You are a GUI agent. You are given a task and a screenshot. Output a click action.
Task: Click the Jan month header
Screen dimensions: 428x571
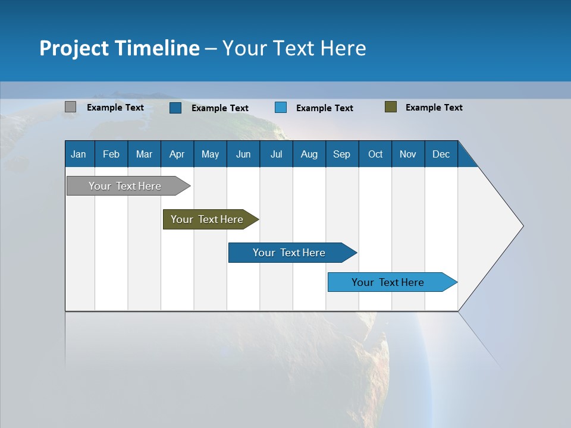[79, 155]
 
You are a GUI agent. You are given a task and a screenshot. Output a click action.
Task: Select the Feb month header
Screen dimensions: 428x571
[111, 155]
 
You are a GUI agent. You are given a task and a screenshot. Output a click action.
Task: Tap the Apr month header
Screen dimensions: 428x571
[177, 155]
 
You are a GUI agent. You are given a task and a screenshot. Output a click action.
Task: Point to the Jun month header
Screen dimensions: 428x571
[243, 155]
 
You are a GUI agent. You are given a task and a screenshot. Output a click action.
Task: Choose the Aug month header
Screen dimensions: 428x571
[309, 155]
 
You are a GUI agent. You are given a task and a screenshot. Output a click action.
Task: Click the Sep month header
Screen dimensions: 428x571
[341, 155]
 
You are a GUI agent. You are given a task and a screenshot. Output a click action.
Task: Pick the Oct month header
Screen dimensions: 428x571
[375, 155]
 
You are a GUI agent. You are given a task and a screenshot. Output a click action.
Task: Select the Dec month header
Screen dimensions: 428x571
[441, 155]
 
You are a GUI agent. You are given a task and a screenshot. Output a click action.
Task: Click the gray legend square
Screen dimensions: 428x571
[71, 107]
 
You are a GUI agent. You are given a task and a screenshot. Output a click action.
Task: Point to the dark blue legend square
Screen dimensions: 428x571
[175, 108]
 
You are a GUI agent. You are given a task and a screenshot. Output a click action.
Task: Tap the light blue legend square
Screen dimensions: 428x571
[281, 108]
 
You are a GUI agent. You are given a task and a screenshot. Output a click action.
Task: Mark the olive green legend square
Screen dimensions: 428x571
[391, 107]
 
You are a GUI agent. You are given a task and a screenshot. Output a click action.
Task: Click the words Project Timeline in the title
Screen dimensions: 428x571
[120, 48]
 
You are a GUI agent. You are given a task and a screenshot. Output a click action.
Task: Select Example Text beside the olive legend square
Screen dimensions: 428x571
[434, 108]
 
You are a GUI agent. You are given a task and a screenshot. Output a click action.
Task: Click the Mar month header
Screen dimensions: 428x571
[144, 155]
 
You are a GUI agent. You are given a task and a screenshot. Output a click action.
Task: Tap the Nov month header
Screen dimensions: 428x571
[408, 155]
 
